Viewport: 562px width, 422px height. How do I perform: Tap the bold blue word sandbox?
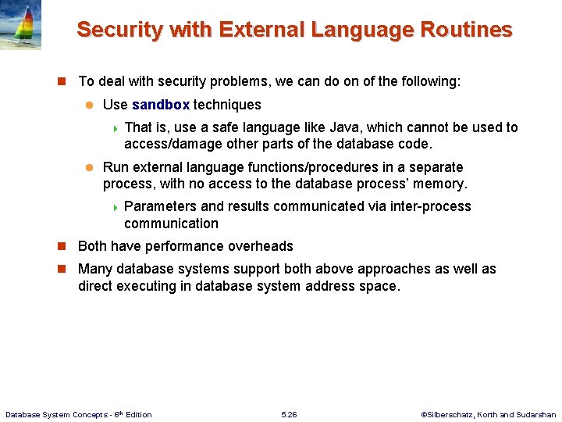[161, 105]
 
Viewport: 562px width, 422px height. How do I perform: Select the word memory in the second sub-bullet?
[442, 184]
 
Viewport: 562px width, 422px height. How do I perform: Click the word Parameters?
[160, 206]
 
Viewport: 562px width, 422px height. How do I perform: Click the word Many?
[94, 269]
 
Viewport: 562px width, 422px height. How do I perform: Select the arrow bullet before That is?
[114, 128]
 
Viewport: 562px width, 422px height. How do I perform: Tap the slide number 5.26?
[289, 414]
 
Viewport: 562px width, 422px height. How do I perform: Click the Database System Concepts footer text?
[79, 414]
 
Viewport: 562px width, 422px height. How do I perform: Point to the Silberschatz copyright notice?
[488, 414]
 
